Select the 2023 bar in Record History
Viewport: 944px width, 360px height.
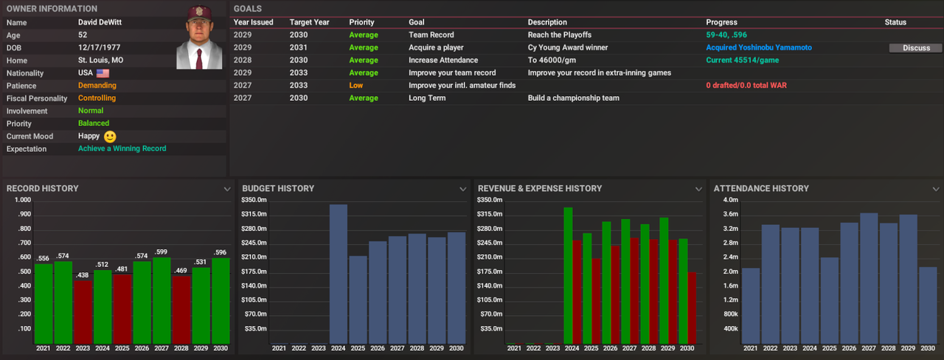(83, 311)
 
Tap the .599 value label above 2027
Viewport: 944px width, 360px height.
(162, 252)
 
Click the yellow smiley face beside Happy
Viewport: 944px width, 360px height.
(110, 136)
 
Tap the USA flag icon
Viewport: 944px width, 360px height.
(103, 74)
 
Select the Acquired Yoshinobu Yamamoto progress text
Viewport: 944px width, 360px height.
(759, 48)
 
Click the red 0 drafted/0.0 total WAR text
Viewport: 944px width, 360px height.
(746, 86)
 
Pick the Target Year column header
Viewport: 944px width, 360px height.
(309, 22)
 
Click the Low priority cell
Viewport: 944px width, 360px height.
(355, 86)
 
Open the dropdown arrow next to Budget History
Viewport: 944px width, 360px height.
(462, 189)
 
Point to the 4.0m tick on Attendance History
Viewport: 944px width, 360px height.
(730, 200)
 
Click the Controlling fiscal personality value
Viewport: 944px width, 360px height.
(97, 98)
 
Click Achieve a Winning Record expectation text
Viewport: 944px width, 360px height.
(122, 149)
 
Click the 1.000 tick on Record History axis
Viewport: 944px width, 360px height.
(22, 200)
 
